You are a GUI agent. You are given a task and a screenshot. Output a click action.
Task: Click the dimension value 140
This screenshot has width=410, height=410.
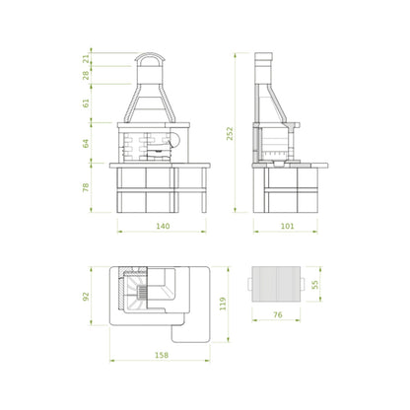pyautogui.click(x=163, y=226)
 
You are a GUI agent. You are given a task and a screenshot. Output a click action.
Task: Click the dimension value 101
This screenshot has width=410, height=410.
pyautogui.click(x=288, y=226)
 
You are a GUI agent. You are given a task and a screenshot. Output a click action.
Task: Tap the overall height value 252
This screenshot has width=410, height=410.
pyautogui.click(x=230, y=134)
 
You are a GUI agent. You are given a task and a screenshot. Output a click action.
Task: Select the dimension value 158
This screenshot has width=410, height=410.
pyautogui.click(x=162, y=355)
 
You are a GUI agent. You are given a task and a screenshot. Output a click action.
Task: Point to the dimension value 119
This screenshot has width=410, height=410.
pyautogui.click(x=223, y=304)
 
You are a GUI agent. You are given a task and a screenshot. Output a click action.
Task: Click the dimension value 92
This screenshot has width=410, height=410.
pyautogui.click(x=86, y=297)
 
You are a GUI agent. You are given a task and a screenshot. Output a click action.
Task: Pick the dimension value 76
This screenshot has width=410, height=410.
pyautogui.click(x=278, y=314)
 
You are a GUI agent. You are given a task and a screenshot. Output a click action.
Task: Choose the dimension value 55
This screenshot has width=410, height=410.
pyautogui.click(x=315, y=285)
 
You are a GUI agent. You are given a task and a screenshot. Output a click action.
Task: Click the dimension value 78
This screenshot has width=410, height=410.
pyautogui.click(x=86, y=187)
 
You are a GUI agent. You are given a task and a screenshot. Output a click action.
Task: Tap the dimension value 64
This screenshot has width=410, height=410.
pyautogui.click(x=86, y=144)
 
